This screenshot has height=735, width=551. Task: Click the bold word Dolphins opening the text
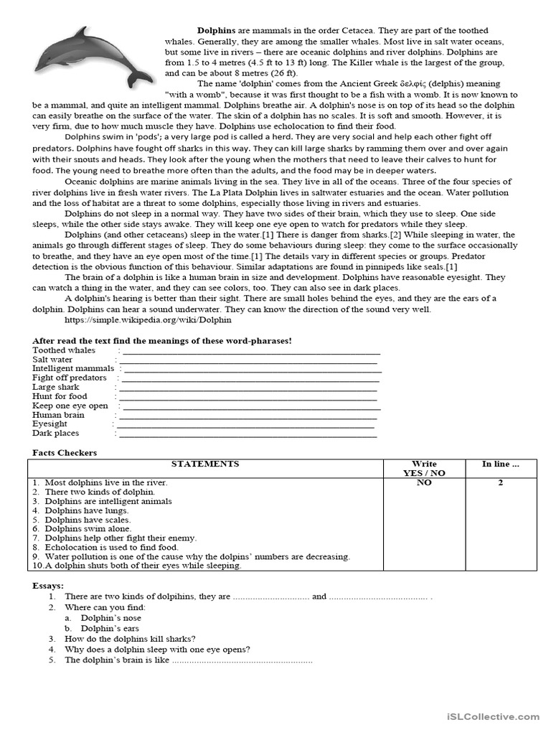click(216, 31)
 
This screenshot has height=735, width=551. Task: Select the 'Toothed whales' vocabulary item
click(64, 350)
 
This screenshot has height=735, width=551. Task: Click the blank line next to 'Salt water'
click(247, 360)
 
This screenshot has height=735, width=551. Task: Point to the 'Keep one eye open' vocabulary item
click(70, 406)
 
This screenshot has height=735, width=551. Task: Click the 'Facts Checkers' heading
click(65, 453)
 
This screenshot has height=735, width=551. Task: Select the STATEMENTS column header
click(205, 464)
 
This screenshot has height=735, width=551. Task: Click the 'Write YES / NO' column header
click(424, 469)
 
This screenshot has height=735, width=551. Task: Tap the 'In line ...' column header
click(500, 464)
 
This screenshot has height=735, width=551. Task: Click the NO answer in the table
click(424, 483)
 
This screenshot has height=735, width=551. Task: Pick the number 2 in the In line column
click(500, 483)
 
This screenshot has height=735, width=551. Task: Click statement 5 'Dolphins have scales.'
click(88, 520)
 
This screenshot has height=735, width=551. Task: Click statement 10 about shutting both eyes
click(136, 566)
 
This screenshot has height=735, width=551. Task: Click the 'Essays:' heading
click(48, 586)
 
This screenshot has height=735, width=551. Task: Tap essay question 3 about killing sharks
click(130, 639)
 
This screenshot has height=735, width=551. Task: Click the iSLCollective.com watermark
click(491, 716)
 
